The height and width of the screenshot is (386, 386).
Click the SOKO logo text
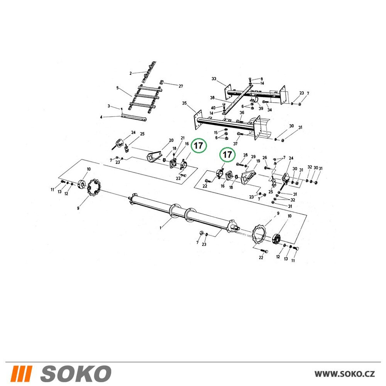pyautogui.click(x=76, y=373)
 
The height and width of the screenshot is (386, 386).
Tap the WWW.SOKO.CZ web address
pyautogui.click(x=345, y=374)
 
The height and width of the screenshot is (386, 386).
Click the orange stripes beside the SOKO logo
pyautogui.click(x=21, y=373)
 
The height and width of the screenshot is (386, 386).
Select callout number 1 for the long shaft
pyautogui.click(x=161, y=228)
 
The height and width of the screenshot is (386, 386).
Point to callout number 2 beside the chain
pyautogui.click(x=131, y=73)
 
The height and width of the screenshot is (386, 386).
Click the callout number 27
pyautogui.click(x=181, y=86)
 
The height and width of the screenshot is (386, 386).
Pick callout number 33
pyautogui.click(x=214, y=79)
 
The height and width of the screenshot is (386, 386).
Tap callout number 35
pyautogui.click(x=185, y=103)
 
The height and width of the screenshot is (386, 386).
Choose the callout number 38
pyautogui.click(x=212, y=98)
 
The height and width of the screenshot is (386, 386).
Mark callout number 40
pyautogui.click(x=213, y=108)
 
